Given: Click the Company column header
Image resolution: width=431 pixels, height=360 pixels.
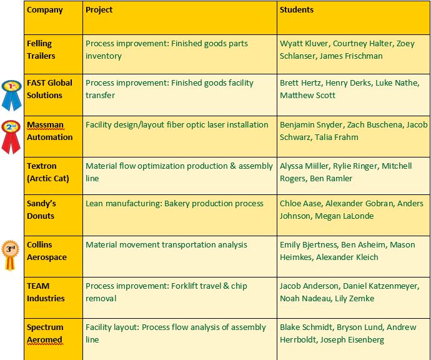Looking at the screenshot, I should click(x=45, y=10).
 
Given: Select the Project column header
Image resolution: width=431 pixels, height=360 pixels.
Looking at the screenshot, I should click(x=99, y=10).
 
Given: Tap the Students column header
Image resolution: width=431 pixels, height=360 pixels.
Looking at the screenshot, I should click(x=297, y=10).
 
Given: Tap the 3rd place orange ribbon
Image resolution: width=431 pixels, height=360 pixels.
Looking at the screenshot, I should click(x=10, y=256).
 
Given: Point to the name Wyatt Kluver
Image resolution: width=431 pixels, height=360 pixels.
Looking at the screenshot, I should click(x=304, y=44).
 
